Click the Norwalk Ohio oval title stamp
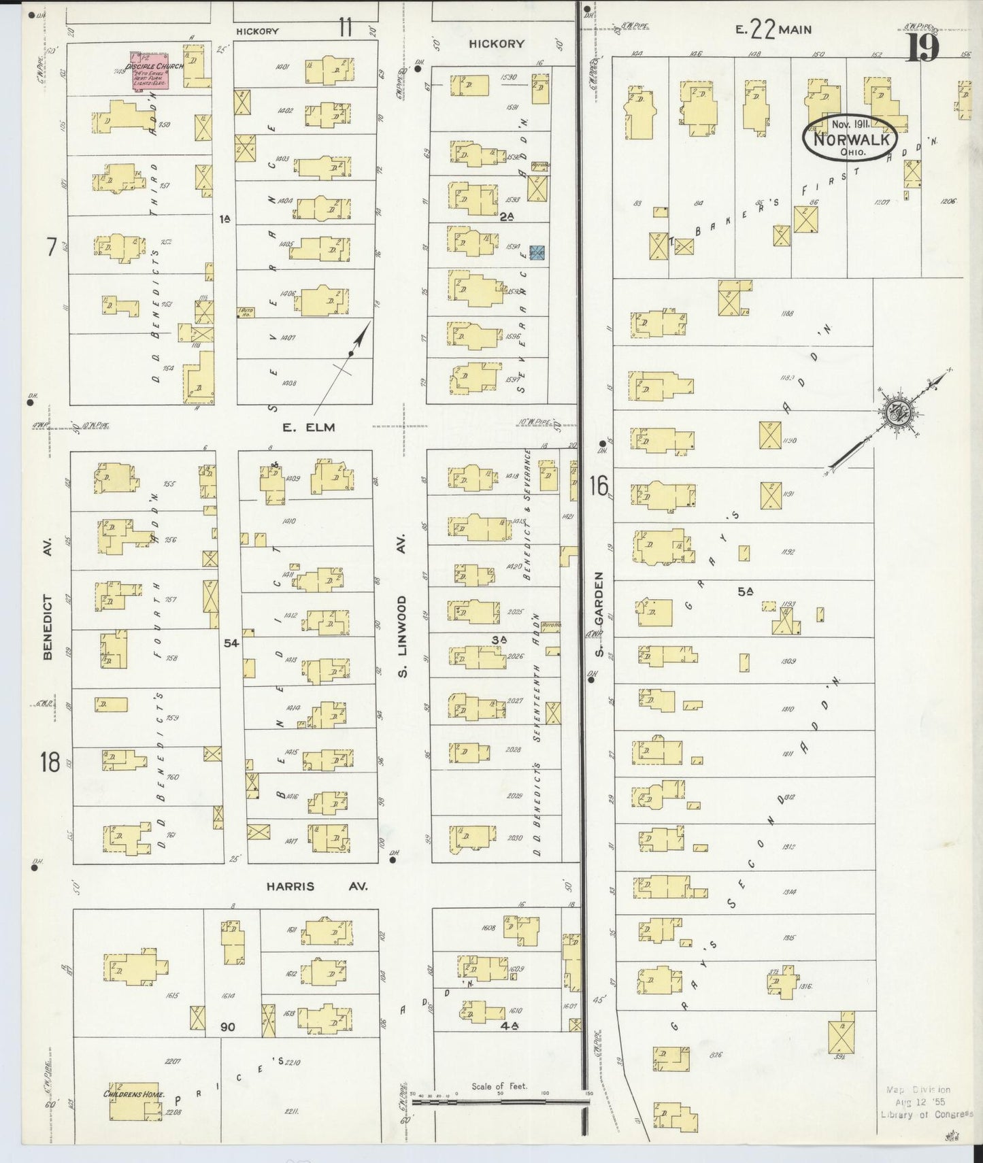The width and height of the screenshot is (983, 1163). coord(850,139)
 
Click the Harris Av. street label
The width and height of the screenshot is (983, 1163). coord(316,886)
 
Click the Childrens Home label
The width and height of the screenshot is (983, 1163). coord(131,1094)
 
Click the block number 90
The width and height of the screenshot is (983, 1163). coord(227,1026)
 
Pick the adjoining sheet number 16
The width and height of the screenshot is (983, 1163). coord(599,486)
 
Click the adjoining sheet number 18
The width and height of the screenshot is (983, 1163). coord(50,762)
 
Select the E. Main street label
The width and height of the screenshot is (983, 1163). coord(773,30)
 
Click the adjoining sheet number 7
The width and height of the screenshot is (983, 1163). coord(50,247)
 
